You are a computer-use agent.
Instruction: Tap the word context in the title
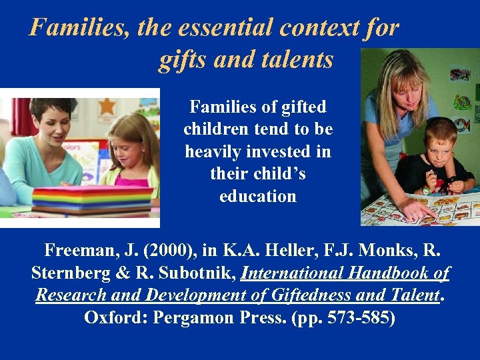pos(311,27)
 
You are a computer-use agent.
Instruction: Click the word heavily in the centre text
pos(212,151)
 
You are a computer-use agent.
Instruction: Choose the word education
pos(258,196)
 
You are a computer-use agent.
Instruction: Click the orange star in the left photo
pos(107,106)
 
